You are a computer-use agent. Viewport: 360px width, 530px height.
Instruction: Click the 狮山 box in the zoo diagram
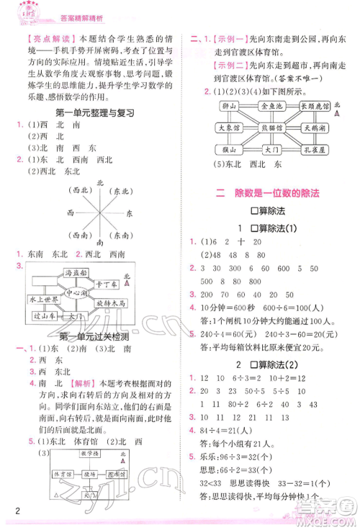(x=230, y=106)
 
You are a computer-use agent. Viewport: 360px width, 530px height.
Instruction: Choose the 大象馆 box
(x=230, y=127)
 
